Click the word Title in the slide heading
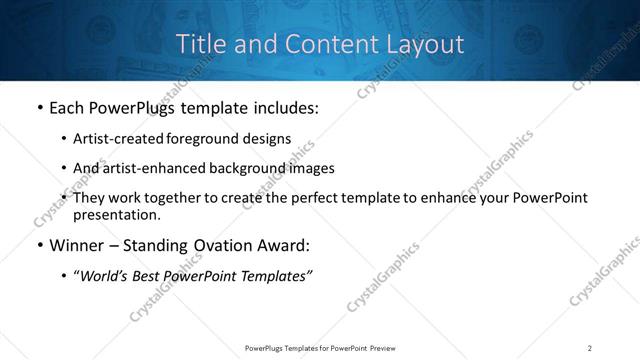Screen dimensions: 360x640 point(199,44)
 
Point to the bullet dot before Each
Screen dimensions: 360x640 point(38,108)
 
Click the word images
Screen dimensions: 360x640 point(311,168)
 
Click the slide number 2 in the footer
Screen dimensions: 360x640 point(590,348)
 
